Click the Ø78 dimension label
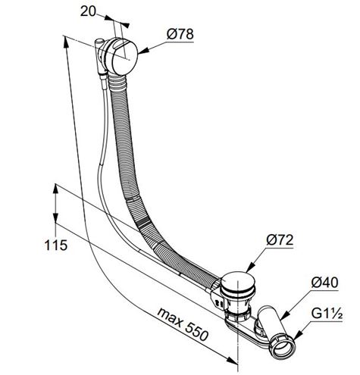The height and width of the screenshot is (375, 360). (x=180, y=34)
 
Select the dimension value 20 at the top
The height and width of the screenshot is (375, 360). (x=88, y=11)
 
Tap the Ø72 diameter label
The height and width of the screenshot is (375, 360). (x=280, y=240)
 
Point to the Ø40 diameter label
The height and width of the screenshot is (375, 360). (x=324, y=283)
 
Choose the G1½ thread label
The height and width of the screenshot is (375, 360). (x=327, y=314)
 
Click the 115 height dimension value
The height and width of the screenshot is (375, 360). (x=56, y=245)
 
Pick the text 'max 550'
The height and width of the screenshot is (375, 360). (x=183, y=324)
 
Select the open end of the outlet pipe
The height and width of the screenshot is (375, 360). (x=282, y=348)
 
